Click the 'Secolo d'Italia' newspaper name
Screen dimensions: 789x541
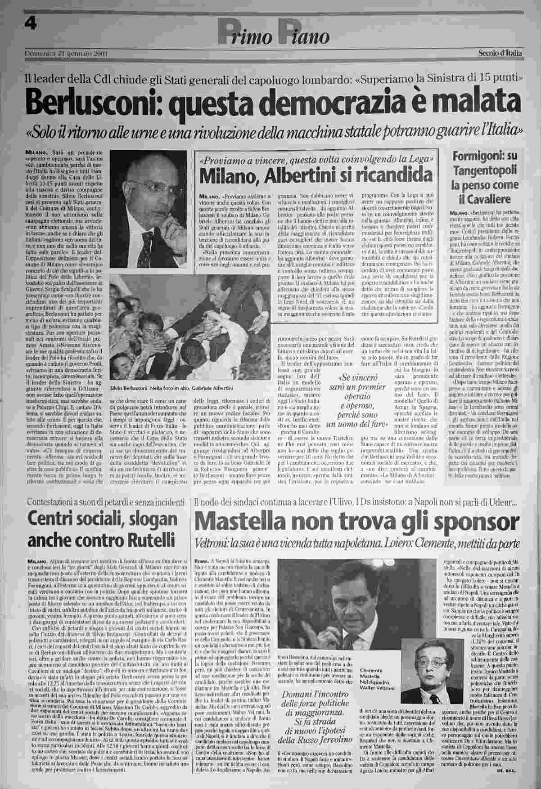[500, 53]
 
